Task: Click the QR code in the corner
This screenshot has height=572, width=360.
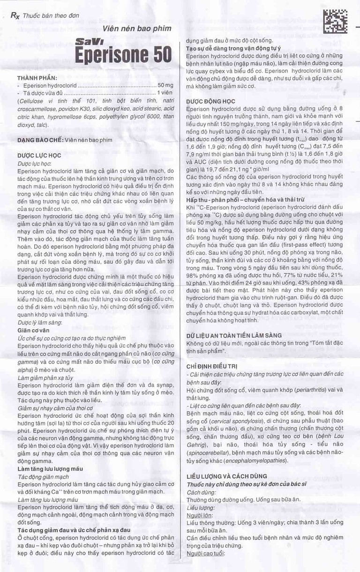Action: [335, 21]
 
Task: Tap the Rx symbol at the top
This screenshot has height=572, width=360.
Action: [15, 15]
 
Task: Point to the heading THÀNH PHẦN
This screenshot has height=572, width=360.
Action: [37, 78]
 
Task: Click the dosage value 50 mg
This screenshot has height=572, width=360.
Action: [165, 86]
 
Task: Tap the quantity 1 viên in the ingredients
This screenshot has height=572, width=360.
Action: [165, 93]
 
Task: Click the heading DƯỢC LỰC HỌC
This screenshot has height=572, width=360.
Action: [39, 155]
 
